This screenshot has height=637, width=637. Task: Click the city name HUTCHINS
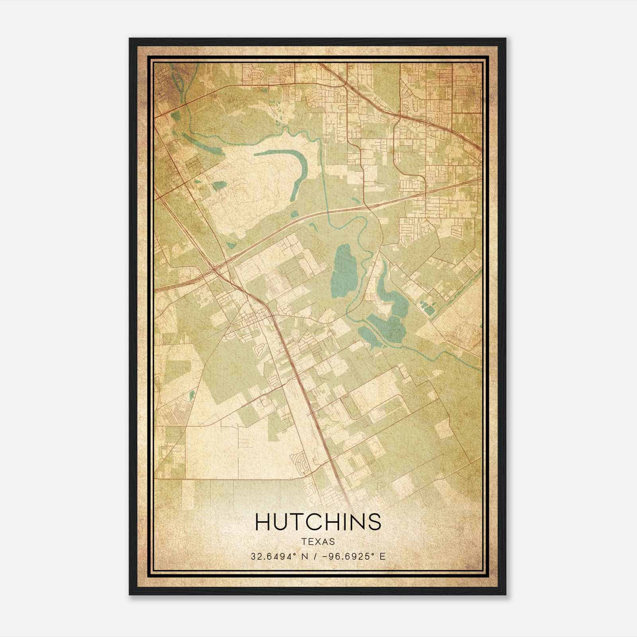318,522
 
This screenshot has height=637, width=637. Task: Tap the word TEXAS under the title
318,542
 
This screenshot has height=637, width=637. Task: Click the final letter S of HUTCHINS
374,522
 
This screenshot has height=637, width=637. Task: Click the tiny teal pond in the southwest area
192,395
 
